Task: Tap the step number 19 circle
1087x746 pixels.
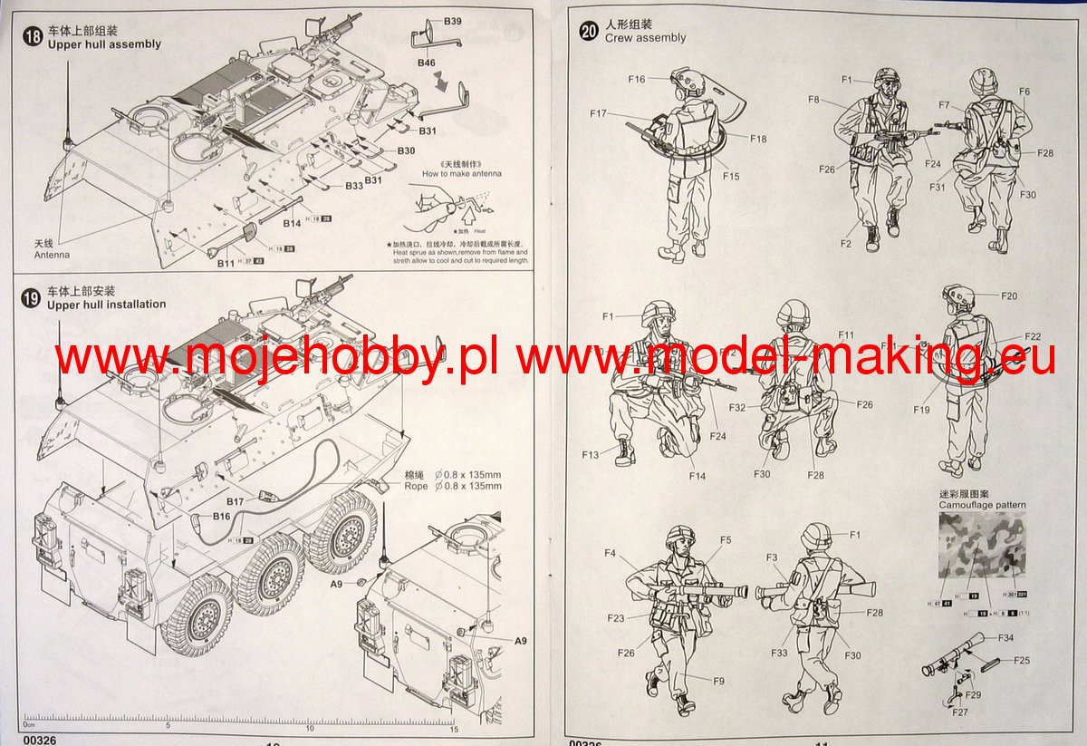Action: tap(32, 297)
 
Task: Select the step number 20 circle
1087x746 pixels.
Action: tap(590, 31)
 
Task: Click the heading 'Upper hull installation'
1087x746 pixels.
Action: tap(106, 305)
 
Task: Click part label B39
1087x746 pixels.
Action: tap(452, 21)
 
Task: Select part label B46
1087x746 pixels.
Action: tap(427, 63)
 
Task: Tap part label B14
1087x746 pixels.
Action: tap(292, 223)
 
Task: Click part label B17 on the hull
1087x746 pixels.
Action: tap(235, 501)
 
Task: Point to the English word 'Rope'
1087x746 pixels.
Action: tap(416, 486)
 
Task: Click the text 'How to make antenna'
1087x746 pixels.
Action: tap(461, 173)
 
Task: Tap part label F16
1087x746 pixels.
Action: tap(636, 79)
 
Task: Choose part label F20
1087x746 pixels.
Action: tap(1009, 296)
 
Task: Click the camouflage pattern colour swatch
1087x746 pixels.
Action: tap(982, 545)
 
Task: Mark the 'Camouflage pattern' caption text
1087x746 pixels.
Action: tap(982, 505)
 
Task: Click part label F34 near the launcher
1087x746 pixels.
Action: tap(1005, 638)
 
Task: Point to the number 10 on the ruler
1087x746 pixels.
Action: tap(311, 727)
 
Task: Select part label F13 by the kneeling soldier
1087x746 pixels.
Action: tap(591, 455)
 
